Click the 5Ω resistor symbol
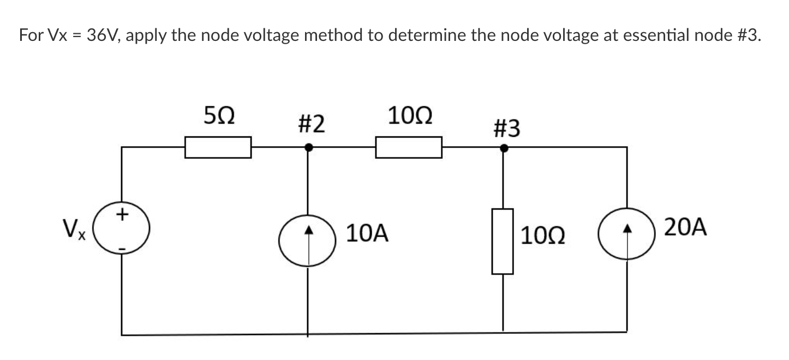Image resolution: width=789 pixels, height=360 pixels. click(x=218, y=147)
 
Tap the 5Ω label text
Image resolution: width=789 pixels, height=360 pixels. click(x=219, y=116)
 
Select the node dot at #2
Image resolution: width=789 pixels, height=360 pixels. click(x=308, y=147)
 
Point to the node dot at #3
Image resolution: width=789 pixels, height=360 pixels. click(x=504, y=147)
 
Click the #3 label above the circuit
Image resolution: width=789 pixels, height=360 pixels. click(x=506, y=129)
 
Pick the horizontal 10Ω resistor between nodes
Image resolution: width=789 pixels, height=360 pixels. click(x=408, y=147)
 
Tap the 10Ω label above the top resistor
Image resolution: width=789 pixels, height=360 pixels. click(x=410, y=116)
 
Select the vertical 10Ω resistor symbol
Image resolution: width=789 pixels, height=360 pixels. click(x=503, y=241)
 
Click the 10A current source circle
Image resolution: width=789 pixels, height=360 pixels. click(x=308, y=241)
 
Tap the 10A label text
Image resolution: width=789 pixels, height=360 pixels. click(x=367, y=234)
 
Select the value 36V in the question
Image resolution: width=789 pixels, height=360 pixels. click(x=106, y=36)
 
